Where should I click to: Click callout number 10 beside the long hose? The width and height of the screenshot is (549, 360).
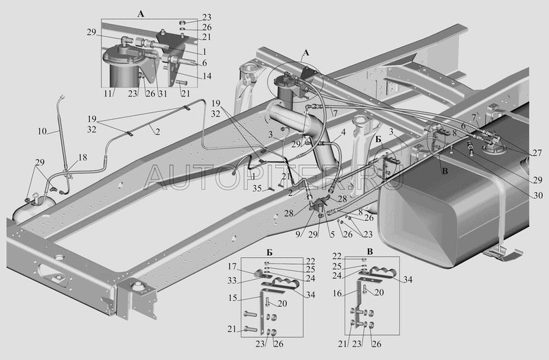(42, 131)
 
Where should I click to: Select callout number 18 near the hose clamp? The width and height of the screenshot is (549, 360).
(82, 158)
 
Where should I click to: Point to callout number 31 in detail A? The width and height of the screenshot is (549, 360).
(163, 94)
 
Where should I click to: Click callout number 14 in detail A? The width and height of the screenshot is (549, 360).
(207, 76)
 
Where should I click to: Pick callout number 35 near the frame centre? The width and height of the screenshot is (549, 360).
(257, 188)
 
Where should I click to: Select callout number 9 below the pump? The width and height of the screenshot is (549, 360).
(298, 235)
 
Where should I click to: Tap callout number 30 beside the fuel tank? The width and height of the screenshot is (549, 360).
(538, 195)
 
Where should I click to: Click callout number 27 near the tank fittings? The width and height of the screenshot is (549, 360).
(537, 153)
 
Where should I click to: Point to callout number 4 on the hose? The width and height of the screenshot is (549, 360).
(344, 132)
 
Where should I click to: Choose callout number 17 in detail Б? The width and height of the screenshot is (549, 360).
(232, 267)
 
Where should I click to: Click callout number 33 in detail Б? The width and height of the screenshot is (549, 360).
(232, 280)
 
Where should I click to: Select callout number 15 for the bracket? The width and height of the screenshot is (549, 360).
(233, 298)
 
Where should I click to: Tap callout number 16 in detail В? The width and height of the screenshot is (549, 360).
(337, 293)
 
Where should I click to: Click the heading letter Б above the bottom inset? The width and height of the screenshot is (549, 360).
(269, 252)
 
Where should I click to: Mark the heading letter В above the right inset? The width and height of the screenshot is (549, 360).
(370, 252)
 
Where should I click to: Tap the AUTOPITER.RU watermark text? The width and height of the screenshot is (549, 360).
(274, 177)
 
